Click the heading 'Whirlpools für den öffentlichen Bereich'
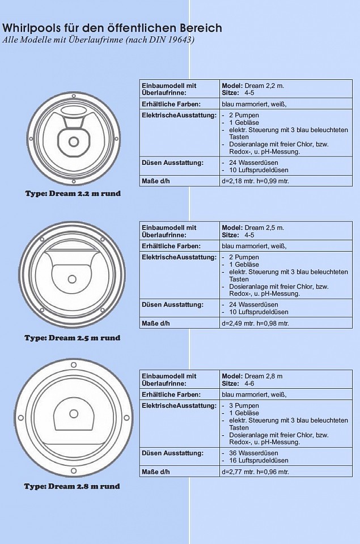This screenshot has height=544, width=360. [112, 28]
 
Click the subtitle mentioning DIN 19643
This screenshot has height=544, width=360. [99, 40]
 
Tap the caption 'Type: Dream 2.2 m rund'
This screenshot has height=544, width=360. [73, 193]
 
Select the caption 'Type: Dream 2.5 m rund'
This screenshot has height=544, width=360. [72, 338]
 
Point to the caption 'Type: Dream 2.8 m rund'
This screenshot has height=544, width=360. [72, 486]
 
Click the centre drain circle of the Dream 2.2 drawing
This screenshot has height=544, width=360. [74, 141]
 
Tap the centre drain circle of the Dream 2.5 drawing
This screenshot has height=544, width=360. [72, 279]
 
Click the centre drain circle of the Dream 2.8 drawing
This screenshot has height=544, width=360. [74, 414]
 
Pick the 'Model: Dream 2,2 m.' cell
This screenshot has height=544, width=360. [253, 86]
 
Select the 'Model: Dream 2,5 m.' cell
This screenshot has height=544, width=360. [253, 228]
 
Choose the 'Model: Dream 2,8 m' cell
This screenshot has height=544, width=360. [252, 376]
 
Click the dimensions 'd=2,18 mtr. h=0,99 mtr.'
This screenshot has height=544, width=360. [255, 181]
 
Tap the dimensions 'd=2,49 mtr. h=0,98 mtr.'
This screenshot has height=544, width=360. [255, 324]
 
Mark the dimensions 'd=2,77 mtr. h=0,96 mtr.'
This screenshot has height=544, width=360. [255, 472]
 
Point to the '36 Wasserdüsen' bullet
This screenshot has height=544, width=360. [253, 453]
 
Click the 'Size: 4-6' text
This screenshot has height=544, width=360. [238, 384]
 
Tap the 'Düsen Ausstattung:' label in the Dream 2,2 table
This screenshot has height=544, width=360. [172, 163]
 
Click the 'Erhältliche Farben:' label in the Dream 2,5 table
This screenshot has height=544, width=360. [171, 246]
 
